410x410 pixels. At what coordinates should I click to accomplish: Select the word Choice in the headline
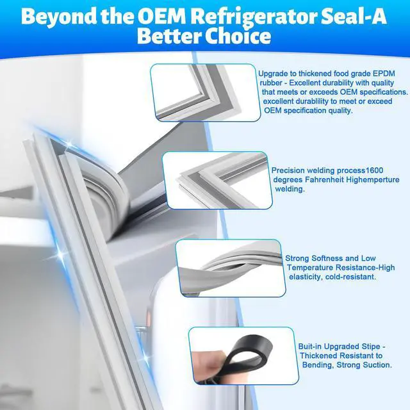coord(238,36)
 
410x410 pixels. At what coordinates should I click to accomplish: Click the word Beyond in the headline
coord(58,18)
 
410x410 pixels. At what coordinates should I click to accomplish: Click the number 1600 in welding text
coord(374,170)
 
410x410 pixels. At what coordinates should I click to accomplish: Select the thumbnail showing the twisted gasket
coord(231,268)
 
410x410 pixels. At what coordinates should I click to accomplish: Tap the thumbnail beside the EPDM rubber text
coord(206,92)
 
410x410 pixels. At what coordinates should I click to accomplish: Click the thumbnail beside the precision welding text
coord(217,180)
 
